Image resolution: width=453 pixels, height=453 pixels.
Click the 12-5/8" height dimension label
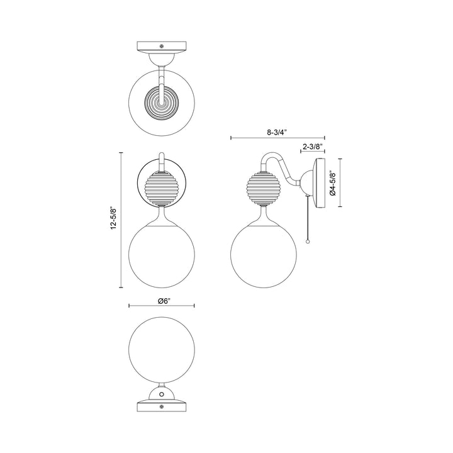click(113, 220)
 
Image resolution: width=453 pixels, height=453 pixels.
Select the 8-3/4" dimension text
click(277, 133)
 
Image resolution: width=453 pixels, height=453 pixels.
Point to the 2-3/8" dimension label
click(313, 147)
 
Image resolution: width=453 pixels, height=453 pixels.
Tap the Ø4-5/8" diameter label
click(335, 183)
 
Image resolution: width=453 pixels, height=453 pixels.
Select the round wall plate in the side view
click(320, 183)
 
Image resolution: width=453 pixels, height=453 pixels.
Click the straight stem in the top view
click(162, 79)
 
